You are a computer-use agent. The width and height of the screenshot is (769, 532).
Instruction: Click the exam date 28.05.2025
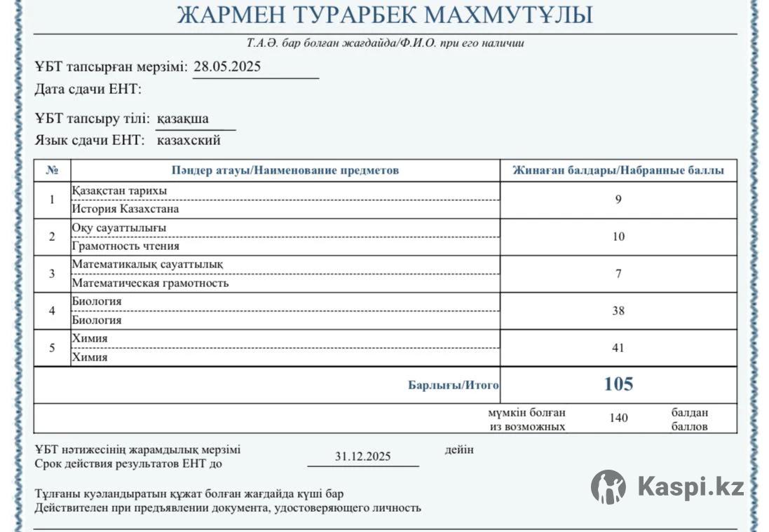[x=227, y=67]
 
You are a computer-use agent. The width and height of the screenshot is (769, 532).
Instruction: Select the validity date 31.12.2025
[x=362, y=456]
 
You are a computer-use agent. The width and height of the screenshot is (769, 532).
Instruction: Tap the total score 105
[x=618, y=384]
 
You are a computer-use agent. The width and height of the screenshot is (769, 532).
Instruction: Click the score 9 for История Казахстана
[x=618, y=199]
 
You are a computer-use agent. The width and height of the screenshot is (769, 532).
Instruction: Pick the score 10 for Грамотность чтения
[x=618, y=237]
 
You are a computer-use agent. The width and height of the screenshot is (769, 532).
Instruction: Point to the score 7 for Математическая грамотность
[x=618, y=274]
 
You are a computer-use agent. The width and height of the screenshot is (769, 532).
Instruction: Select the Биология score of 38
[x=618, y=311]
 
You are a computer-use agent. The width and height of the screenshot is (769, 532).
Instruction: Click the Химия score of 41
[x=618, y=348]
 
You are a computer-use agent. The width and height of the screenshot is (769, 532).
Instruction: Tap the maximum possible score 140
[x=618, y=418]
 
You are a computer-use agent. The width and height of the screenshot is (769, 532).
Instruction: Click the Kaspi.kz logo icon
[x=608, y=486]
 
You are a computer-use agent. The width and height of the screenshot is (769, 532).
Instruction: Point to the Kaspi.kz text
[x=690, y=486]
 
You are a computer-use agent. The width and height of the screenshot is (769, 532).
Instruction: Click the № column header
[x=53, y=170]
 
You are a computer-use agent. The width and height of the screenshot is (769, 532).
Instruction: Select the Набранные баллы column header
[x=618, y=170]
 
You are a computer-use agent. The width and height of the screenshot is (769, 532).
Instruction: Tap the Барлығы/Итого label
[x=454, y=385]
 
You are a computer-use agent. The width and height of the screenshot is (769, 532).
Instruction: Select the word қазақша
[x=183, y=118]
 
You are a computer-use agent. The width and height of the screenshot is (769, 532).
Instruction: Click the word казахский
[x=189, y=140]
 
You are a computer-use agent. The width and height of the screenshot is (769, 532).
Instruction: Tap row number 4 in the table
[x=53, y=311]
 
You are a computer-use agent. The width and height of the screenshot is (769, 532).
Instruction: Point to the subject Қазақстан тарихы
[x=119, y=190]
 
